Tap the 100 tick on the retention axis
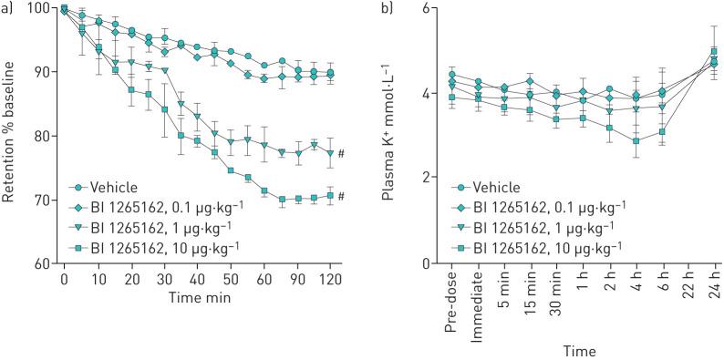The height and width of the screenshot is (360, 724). (x=40, y=9)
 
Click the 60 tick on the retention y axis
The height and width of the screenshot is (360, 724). (x=44, y=264)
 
